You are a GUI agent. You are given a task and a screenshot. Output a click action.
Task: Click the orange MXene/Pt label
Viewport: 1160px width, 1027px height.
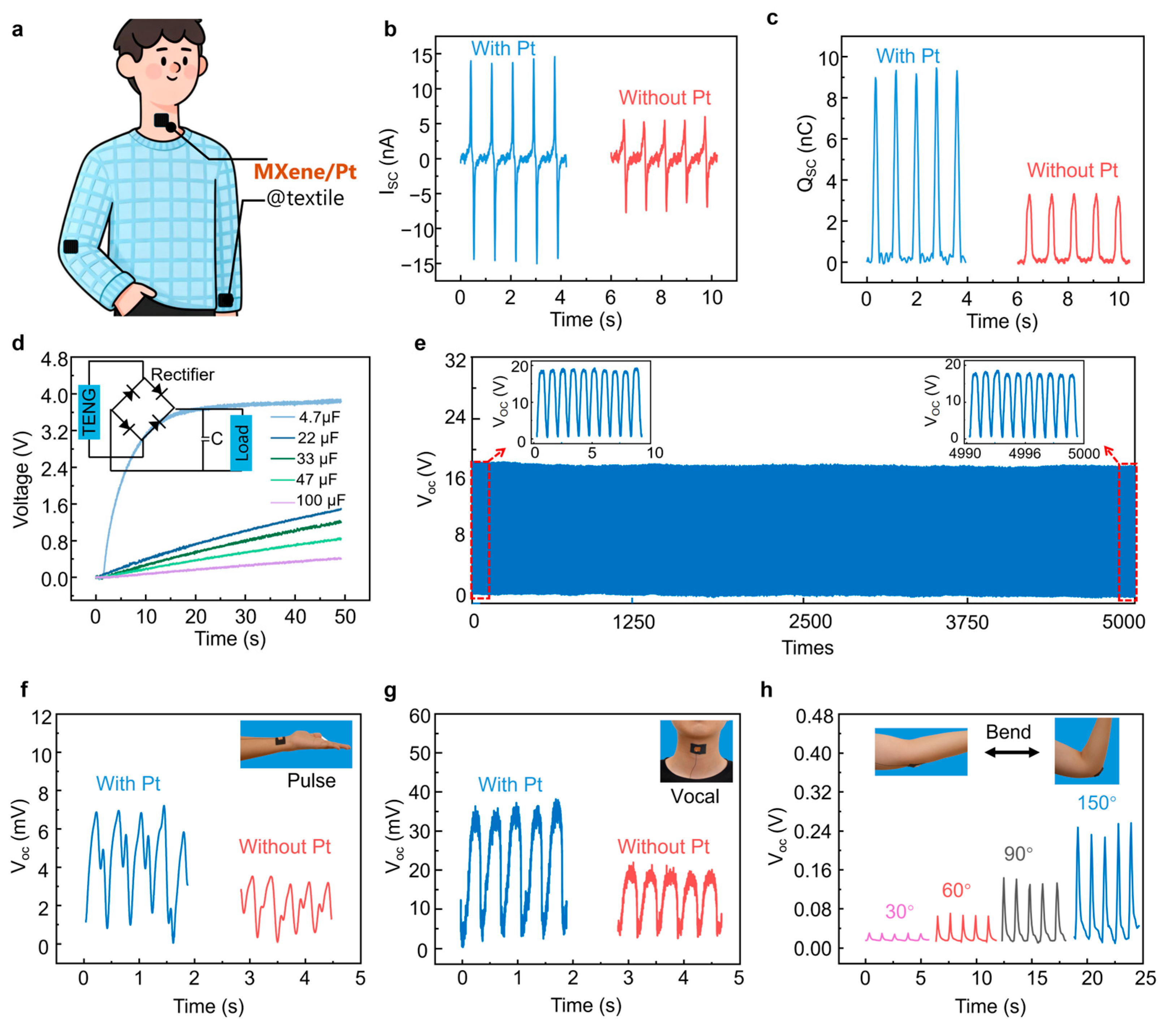pyautogui.click(x=305, y=171)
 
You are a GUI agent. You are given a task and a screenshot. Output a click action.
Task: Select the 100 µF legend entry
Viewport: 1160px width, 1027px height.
pyautogui.click(x=321, y=500)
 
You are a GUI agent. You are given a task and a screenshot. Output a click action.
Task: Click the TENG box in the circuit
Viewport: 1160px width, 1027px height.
pyautogui.click(x=90, y=411)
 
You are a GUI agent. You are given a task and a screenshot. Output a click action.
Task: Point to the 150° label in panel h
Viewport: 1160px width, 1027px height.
pyautogui.click(x=1096, y=803)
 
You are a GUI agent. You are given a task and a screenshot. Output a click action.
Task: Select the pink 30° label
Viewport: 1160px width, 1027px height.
pyautogui.click(x=900, y=911)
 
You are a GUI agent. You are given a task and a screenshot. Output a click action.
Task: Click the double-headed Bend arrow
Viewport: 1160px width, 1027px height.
pyautogui.click(x=1012, y=752)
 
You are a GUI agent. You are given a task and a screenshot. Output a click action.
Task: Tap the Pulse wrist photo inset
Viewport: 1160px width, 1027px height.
pyautogui.click(x=296, y=744)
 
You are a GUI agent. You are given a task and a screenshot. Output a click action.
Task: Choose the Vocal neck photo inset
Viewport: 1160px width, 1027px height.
pyautogui.click(x=696, y=751)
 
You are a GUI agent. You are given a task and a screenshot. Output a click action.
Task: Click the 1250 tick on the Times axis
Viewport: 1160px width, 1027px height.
pyautogui.click(x=633, y=622)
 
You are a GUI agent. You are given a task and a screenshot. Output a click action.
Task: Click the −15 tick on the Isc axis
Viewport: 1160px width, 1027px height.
pyautogui.click(x=418, y=265)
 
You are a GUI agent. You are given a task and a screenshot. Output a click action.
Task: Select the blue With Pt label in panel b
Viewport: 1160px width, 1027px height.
pyautogui.click(x=503, y=48)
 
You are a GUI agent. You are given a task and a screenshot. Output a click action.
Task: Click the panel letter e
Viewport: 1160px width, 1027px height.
pyautogui.click(x=420, y=343)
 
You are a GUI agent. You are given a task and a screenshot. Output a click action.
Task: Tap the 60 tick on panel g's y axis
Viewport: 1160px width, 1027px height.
pyautogui.click(x=420, y=716)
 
